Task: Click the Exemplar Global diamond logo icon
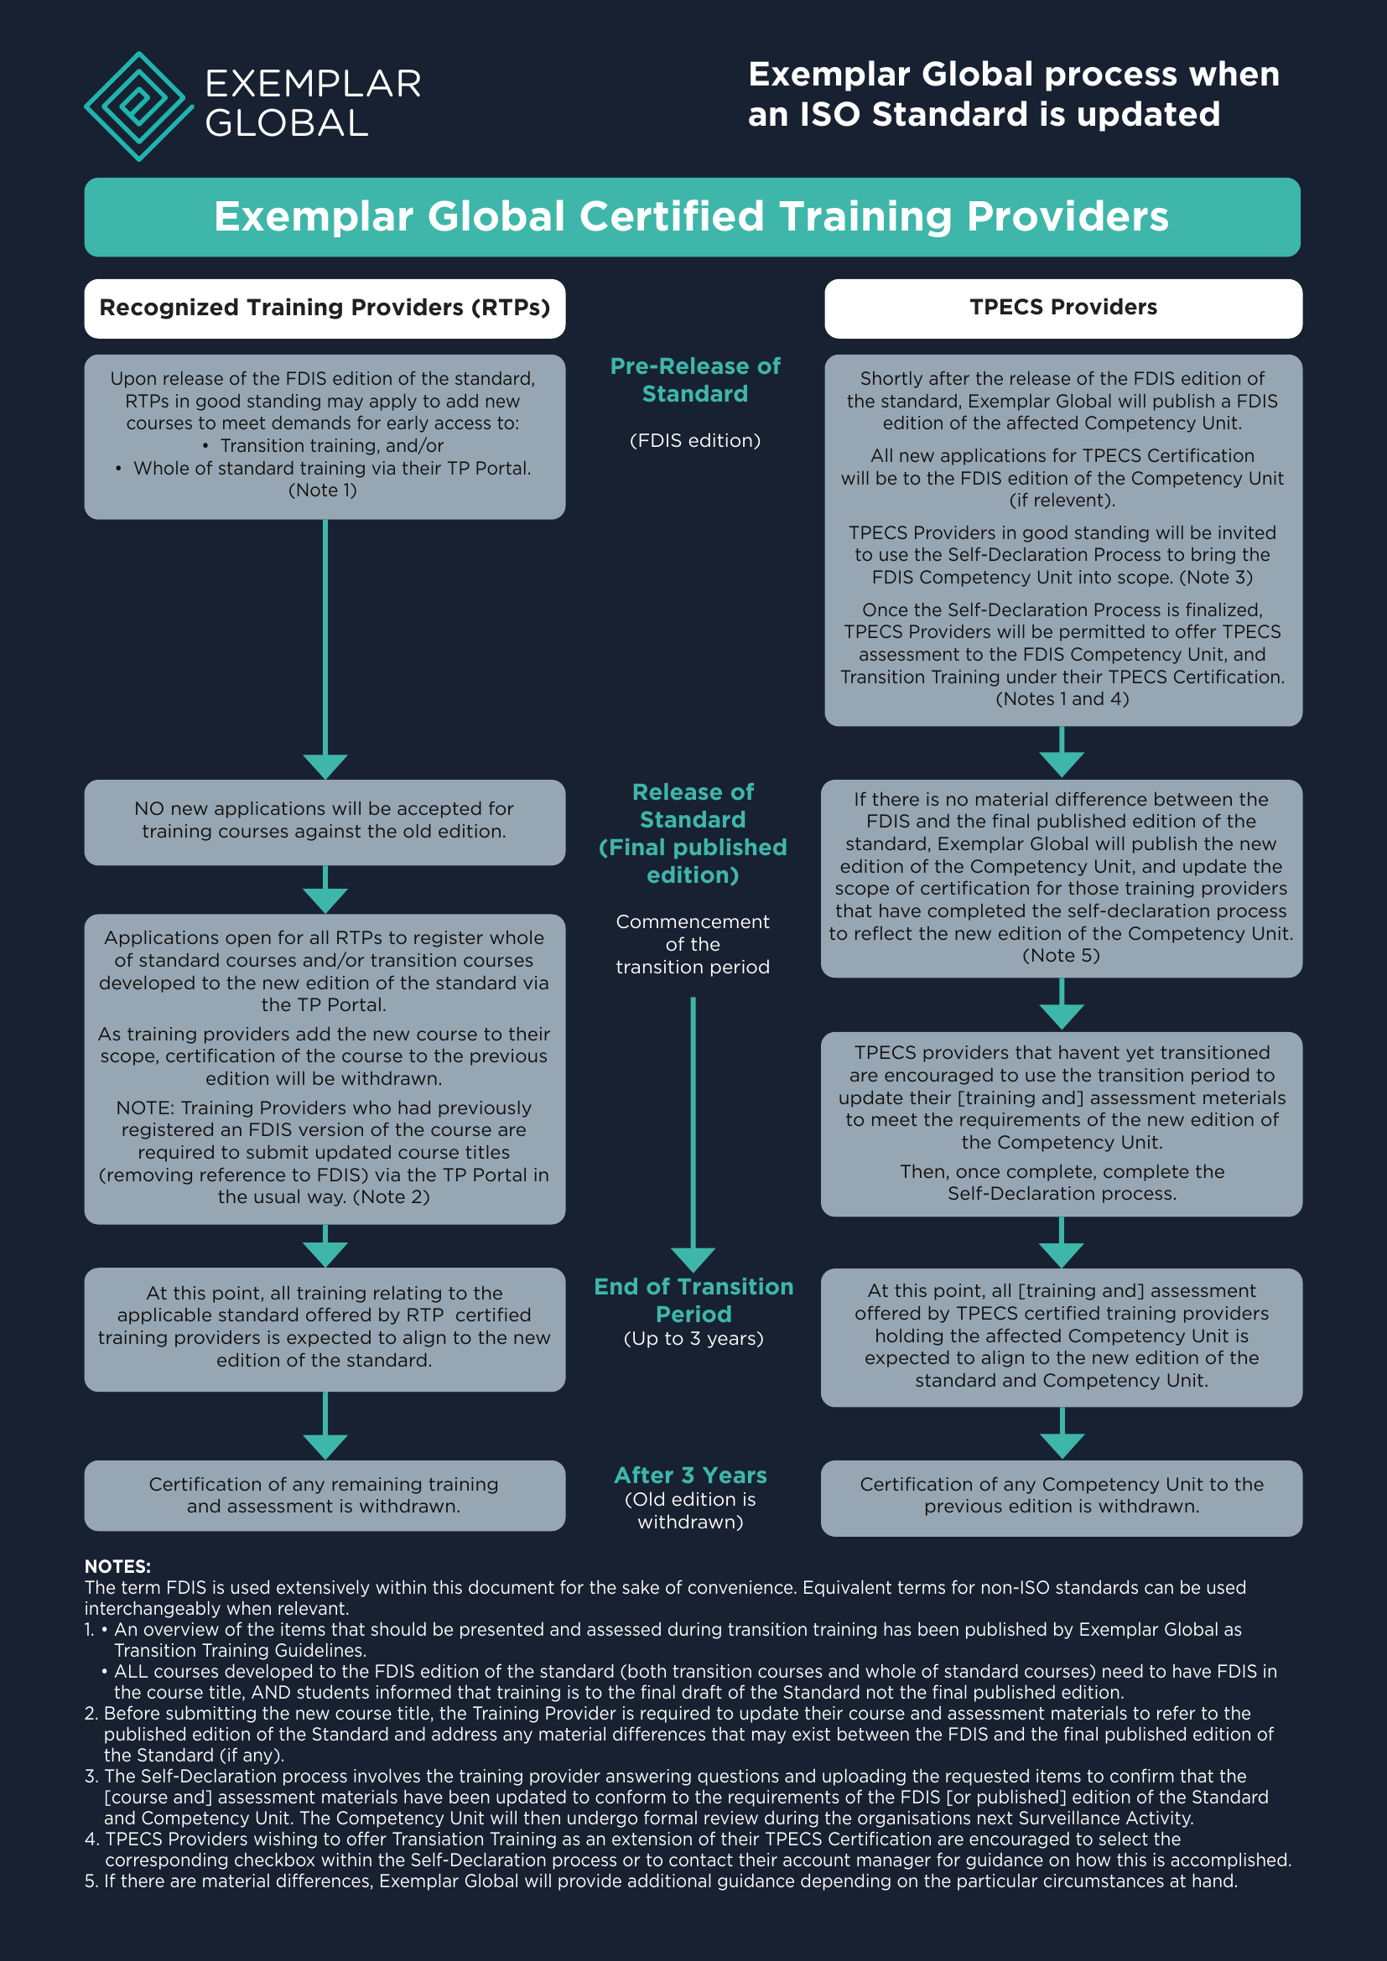[x=138, y=106]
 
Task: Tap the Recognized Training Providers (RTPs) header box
[x=325, y=309]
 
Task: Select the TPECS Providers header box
[x=1062, y=309]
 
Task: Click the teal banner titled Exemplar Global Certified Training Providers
[x=692, y=217]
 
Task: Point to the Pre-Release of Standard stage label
[x=694, y=380]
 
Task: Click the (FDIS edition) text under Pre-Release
[x=694, y=441]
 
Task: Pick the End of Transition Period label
[x=693, y=1300]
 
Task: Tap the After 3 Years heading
[x=690, y=1475]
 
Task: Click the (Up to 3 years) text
[x=693, y=1338]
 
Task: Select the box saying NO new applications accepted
[x=325, y=821]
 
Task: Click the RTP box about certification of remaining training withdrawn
[x=325, y=1496]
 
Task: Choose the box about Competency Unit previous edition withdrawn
[x=1062, y=1496]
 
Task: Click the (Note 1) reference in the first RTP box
[x=323, y=490]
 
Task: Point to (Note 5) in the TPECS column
[x=1062, y=956]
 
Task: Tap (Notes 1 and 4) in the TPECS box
[x=1062, y=698]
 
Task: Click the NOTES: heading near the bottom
[x=117, y=1566]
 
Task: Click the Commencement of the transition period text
[x=693, y=945]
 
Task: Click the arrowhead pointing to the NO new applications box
[x=325, y=765]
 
